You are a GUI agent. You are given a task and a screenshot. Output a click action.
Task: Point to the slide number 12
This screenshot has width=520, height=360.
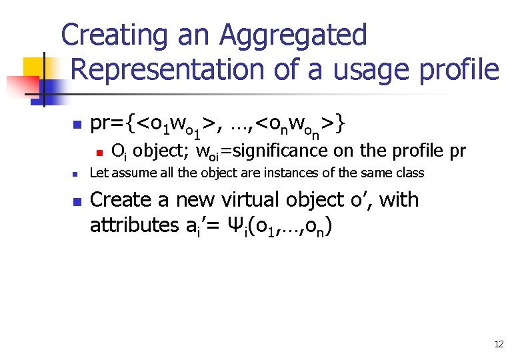pos(499,344)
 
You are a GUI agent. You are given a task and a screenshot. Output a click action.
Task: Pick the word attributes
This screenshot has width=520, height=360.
pos(134,225)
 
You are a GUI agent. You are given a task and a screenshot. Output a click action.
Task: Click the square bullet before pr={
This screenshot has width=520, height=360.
pos(77,125)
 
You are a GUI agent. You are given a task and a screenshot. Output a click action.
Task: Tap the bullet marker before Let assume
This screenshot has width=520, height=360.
pos(77,174)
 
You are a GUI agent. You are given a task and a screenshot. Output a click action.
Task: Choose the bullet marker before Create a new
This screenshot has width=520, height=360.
pos(77,201)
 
